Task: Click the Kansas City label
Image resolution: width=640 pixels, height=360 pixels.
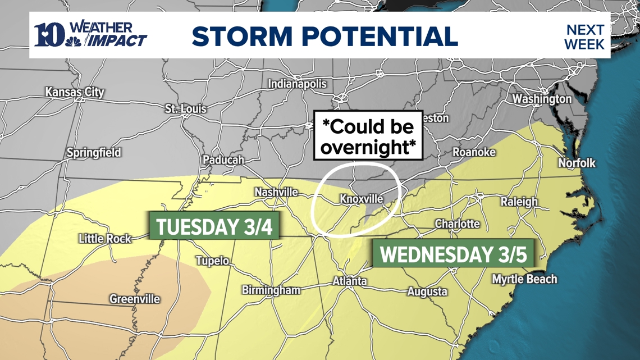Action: click(x=75, y=92)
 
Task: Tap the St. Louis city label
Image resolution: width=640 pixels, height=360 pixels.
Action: click(x=186, y=109)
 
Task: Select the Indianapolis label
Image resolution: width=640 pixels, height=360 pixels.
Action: click(x=297, y=84)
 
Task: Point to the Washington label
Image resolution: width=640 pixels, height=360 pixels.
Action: click(x=542, y=99)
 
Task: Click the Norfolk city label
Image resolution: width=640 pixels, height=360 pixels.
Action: click(x=577, y=163)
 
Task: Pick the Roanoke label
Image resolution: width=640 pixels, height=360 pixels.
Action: click(x=474, y=153)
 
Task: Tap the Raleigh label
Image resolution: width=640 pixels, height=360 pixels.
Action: click(x=519, y=202)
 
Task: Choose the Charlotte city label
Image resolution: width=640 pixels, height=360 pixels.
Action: click(x=457, y=224)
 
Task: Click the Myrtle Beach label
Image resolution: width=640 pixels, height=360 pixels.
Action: click(x=524, y=279)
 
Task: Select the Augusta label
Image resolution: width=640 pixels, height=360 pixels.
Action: click(x=427, y=291)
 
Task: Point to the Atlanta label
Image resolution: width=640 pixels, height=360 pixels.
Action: click(x=350, y=281)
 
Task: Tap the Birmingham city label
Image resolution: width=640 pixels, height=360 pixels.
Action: click(x=271, y=290)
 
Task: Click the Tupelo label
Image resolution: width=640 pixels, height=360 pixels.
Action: click(x=212, y=261)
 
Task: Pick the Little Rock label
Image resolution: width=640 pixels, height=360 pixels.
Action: click(x=105, y=239)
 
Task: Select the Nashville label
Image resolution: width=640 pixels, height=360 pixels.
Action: click(x=276, y=193)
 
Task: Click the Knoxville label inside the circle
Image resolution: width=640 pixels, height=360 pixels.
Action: click(x=362, y=199)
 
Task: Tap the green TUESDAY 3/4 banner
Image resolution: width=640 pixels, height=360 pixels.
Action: click(x=214, y=226)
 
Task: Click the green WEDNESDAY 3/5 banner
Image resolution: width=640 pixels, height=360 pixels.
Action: click(x=454, y=254)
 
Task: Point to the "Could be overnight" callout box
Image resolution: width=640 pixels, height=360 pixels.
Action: click(x=368, y=136)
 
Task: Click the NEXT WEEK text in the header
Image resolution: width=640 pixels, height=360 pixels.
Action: click(x=584, y=37)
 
